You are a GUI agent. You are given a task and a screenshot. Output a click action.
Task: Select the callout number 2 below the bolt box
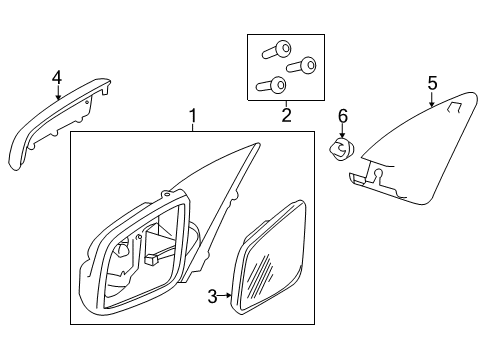[x=285, y=116]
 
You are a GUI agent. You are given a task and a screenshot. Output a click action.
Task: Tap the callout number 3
[x=212, y=295]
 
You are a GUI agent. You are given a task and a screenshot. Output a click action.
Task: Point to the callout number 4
[x=57, y=77]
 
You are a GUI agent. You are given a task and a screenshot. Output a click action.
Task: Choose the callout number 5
[x=432, y=83]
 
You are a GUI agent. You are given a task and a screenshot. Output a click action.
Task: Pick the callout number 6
[x=342, y=117]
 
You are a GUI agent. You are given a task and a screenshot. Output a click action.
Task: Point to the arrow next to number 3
[x=227, y=295]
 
